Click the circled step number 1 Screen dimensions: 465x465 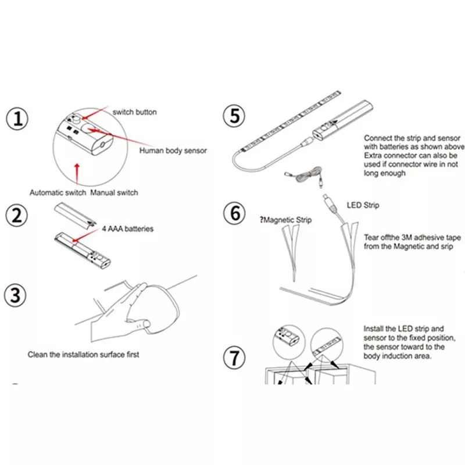pos(17,119)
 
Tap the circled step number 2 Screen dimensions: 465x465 pos(17,215)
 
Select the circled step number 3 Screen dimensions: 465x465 pos(15,295)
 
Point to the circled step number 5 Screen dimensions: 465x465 pos(234,116)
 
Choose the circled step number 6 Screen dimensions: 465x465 pos(234,213)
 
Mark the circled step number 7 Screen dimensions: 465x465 pos(234,357)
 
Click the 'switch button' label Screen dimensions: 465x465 pos(135,112)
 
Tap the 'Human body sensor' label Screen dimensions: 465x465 pos(173,151)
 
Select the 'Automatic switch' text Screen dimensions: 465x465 pos(58,192)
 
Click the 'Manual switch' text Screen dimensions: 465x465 pos(114,192)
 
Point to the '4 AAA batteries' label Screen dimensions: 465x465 pos(127,228)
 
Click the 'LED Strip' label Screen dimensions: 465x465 pos(363,205)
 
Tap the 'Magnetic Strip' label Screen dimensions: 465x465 pos(288,220)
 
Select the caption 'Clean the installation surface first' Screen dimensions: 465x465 pos(83,355)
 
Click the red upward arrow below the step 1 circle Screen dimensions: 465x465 pos(77,174)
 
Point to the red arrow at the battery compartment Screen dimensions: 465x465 pos(85,235)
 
